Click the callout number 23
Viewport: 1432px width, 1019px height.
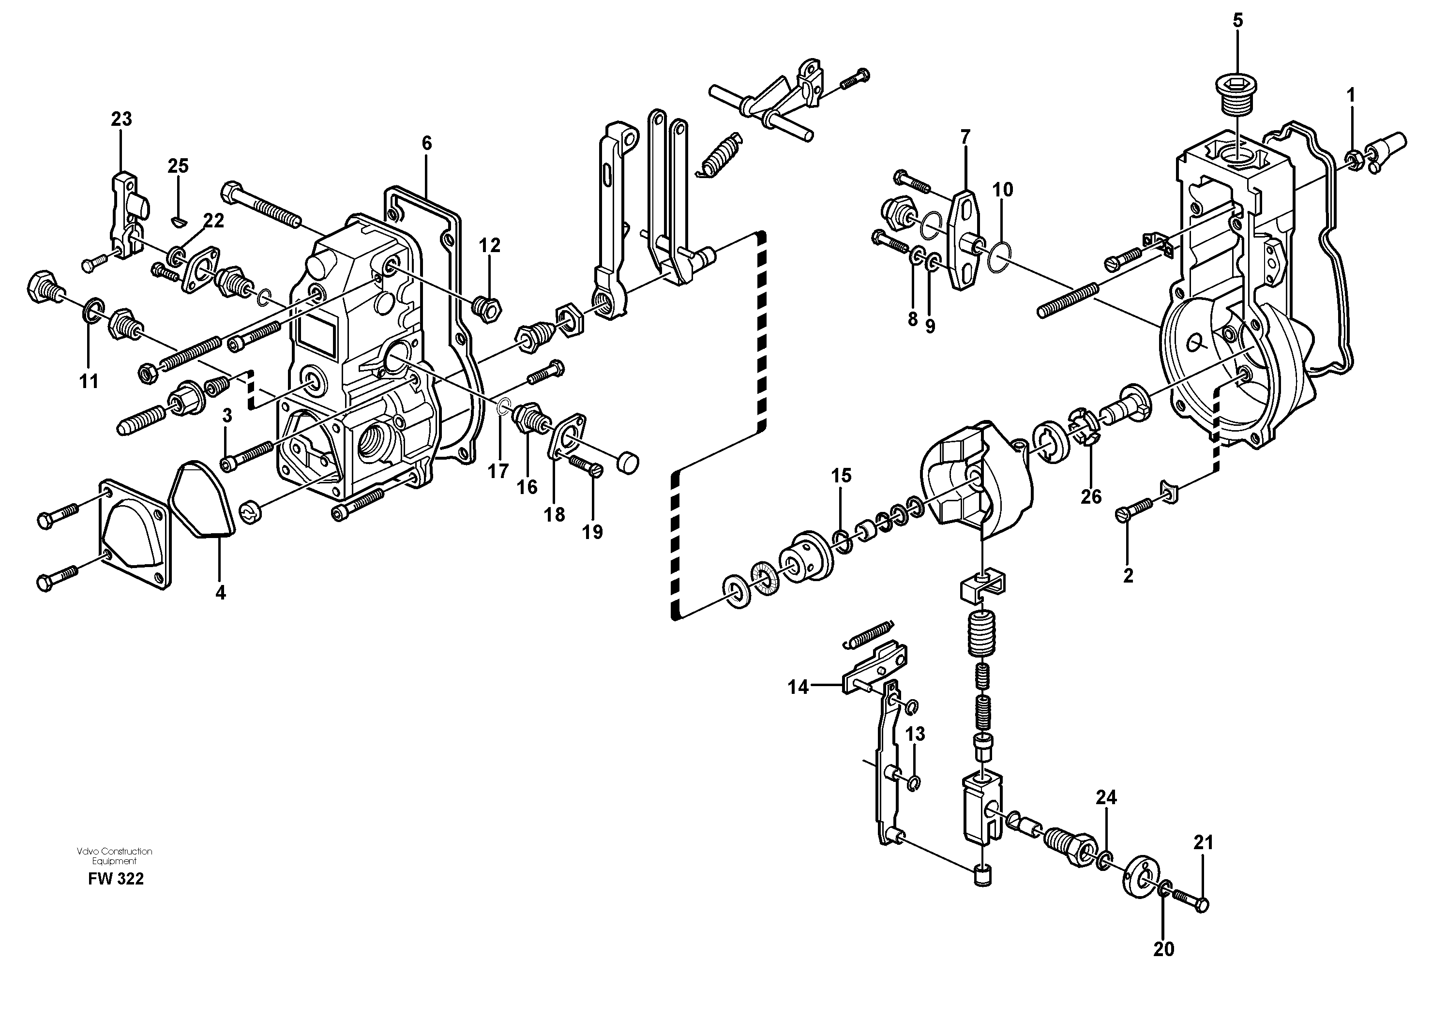[122, 119]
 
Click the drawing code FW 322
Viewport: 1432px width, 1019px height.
[116, 879]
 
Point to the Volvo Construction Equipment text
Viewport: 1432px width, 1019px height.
[114, 856]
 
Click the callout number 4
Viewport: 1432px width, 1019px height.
[220, 592]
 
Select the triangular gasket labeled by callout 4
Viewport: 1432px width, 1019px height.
[203, 499]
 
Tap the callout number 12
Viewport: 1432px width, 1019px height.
[490, 245]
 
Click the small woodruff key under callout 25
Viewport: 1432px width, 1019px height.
[178, 220]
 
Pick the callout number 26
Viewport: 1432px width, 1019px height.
[1091, 497]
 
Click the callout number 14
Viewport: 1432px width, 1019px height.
[798, 688]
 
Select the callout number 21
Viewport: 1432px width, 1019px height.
[1203, 843]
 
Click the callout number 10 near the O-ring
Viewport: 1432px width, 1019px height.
[1002, 190]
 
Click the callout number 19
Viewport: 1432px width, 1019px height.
[592, 532]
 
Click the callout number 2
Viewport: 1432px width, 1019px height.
[1128, 575]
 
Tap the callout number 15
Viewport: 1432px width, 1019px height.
[842, 476]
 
